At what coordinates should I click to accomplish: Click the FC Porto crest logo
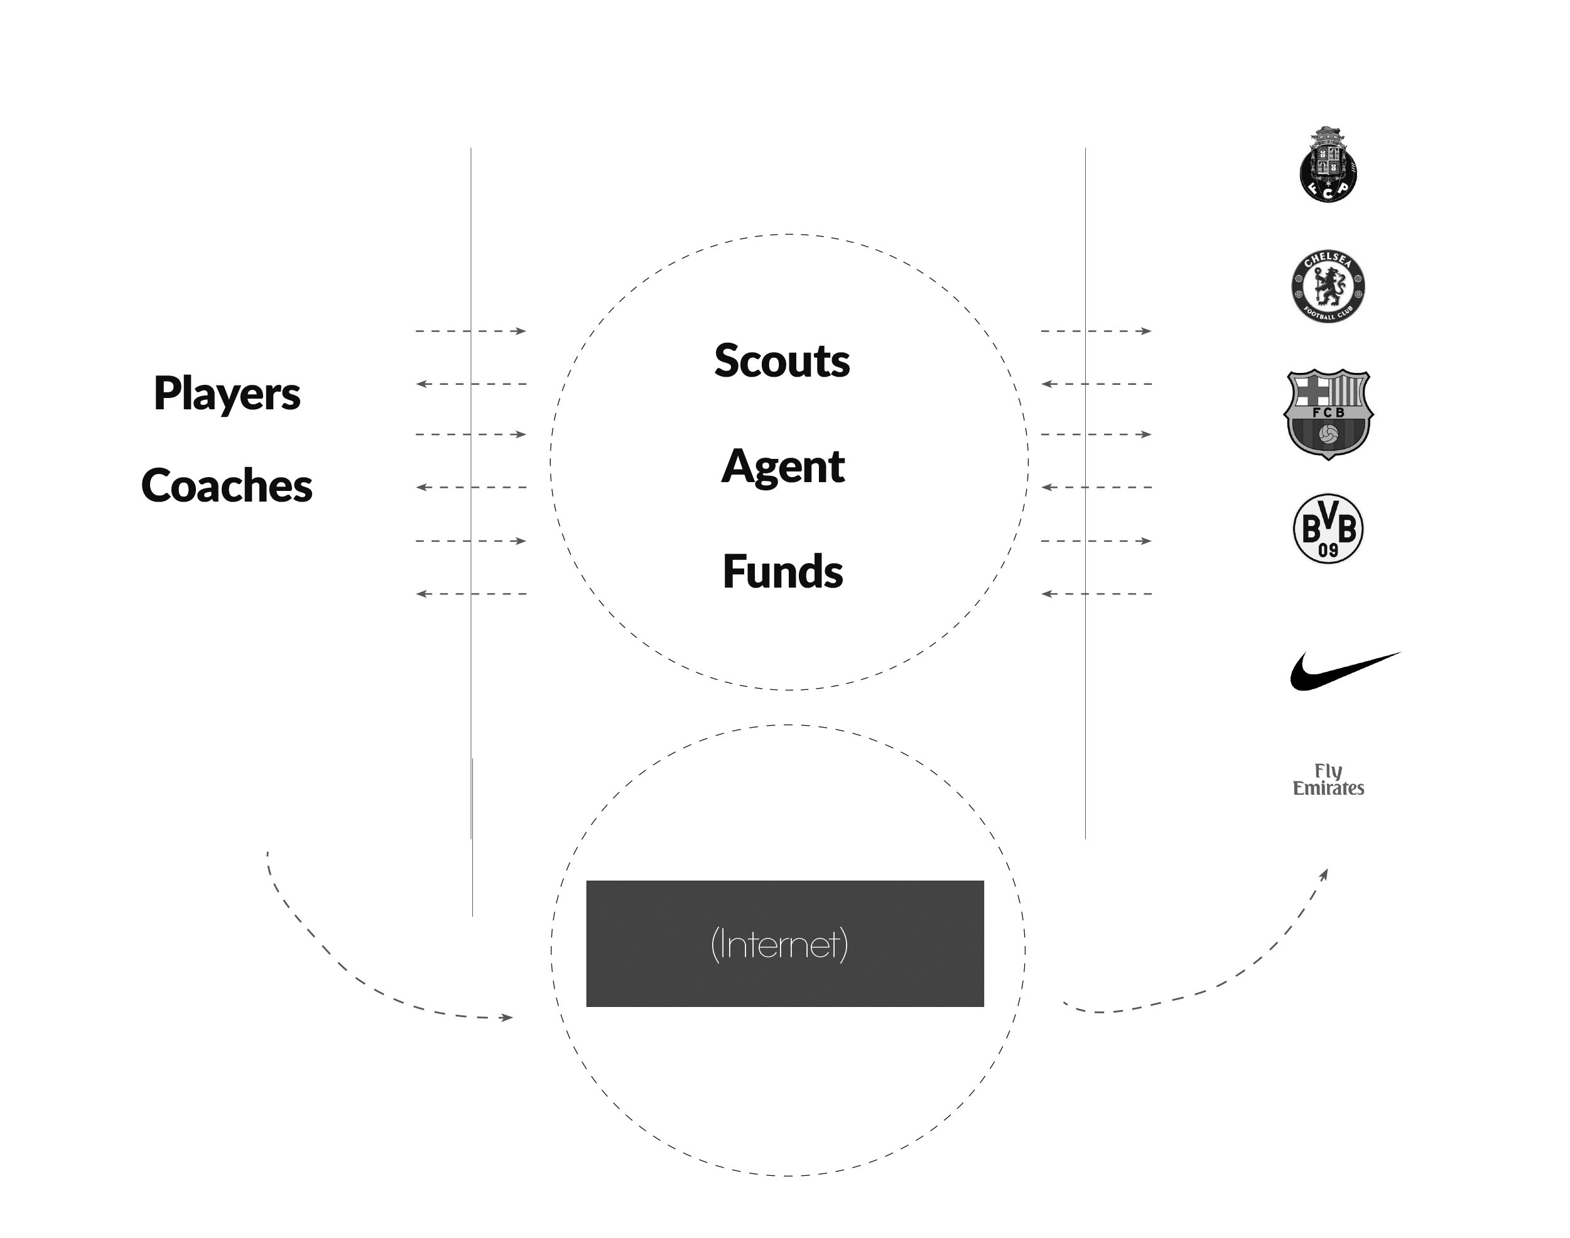coord(1328,164)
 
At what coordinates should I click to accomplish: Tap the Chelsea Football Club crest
coord(1328,287)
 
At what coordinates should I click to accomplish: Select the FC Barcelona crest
coord(1328,414)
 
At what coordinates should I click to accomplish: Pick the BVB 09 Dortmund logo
coord(1328,529)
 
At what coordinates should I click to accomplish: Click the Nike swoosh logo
coord(1344,670)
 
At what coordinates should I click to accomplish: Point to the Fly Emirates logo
coord(1331,791)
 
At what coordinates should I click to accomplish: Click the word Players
coord(227,394)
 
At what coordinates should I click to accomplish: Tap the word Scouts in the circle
coord(782,360)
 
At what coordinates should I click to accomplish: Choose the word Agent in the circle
coord(783,466)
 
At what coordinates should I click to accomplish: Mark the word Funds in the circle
coord(783,571)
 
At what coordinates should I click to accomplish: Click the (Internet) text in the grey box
coord(779,944)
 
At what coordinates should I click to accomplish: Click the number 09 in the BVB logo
coord(1328,550)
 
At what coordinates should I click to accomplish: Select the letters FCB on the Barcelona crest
coord(1328,412)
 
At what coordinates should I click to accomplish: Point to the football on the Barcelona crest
coord(1328,434)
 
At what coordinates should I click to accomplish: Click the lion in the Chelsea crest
coord(1328,284)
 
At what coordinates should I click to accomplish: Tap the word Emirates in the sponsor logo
coord(1328,789)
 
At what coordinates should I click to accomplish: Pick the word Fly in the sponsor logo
coord(1328,771)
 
